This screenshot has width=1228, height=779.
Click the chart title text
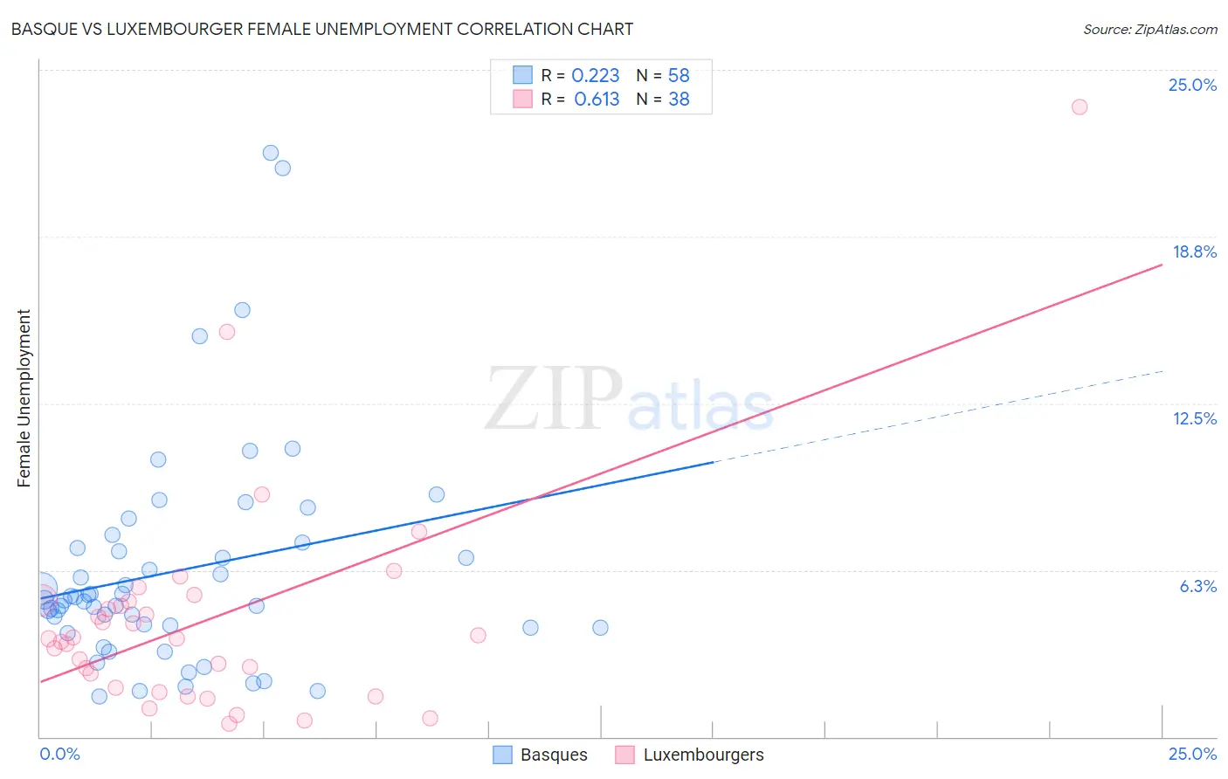(x=322, y=29)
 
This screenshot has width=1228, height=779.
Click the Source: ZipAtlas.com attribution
(x=1149, y=30)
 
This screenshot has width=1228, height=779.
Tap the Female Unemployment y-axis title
(x=24, y=398)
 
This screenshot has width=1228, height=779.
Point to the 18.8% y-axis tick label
(x=1194, y=252)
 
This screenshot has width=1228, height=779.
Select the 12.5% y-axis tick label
(x=1194, y=418)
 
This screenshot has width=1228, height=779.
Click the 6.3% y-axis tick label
(x=1197, y=586)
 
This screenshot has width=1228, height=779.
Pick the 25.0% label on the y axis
(x=1192, y=85)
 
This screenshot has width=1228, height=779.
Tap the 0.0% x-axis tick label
(x=59, y=754)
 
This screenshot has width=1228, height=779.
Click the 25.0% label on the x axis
(x=1192, y=754)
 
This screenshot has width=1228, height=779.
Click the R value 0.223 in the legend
(x=596, y=76)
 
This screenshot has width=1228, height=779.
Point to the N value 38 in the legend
(x=679, y=100)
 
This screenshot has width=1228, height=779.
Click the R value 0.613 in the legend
(x=597, y=100)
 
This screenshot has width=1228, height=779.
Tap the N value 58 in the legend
(x=679, y=76)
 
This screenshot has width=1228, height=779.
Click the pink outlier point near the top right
(x=1079, y=107)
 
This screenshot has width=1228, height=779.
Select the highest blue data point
(x=271, y=153)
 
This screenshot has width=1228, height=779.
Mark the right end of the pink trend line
(x=1162, y=264)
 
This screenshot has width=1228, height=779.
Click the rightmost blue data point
(x=600, y=627)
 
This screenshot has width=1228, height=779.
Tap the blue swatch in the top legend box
(x=522, y=75)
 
